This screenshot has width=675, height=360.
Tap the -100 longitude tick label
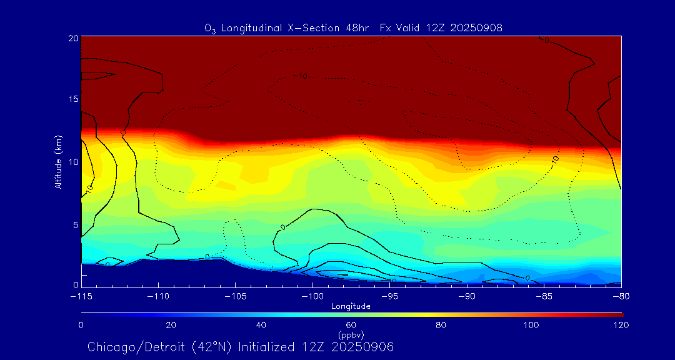click(x=312, y=296)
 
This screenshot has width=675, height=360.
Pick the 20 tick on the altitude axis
click(x=72, y=38)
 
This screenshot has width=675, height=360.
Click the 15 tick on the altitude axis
click(x=72, y=99)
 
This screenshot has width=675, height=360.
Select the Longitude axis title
click(x=351, y=306)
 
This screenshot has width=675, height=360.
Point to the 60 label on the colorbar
click(x=351, y=325)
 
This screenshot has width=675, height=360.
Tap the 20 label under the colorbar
click(x=171, y=325)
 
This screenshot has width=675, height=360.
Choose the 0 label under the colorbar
click(x=81, y=325)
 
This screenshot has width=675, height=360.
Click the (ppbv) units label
click(x=351, y=335)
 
